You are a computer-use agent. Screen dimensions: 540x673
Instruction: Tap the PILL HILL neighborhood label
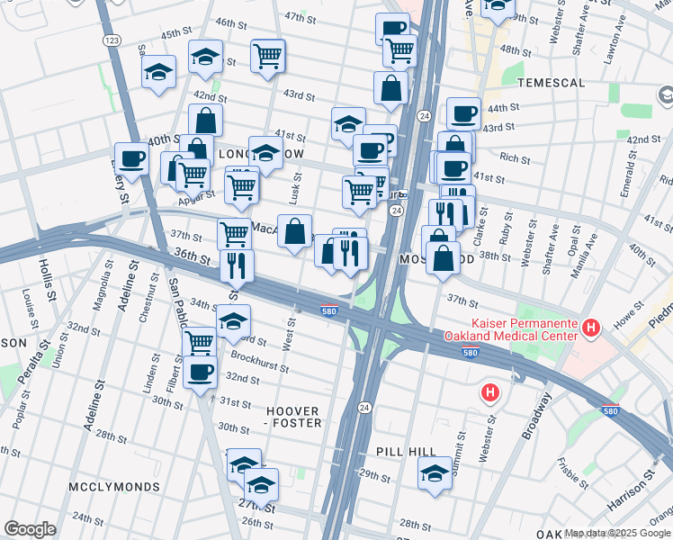pos(406,452)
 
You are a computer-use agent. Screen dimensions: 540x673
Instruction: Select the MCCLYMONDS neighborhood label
pos(114,487)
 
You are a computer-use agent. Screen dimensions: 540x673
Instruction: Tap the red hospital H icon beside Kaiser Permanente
pos(591,328)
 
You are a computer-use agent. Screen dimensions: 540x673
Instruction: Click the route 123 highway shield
pos(112,40)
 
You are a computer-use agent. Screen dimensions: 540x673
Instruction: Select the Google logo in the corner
pos(30,529)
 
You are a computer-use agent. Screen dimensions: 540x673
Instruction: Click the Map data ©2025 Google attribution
pos(617,534)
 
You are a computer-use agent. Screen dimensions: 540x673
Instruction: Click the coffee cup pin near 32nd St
pos(200,371)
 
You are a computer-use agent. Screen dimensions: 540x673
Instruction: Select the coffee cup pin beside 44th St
pos(463,113)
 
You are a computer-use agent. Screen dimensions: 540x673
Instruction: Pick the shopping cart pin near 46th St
pos(268,56)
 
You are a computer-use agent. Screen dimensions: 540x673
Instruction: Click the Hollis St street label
pos(48,279)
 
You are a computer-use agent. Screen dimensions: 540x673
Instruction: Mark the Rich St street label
pos(514,158)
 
